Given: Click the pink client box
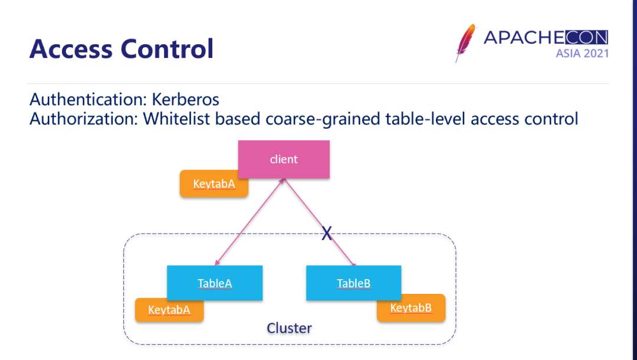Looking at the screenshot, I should click(284, 159).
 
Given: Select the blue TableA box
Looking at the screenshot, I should click(215, 283).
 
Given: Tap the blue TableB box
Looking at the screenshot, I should click(354, 283).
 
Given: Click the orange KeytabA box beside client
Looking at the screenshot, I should click(214, 184).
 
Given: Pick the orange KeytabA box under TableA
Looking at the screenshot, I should click(169, 310).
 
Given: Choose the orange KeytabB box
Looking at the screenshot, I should click(411, 308).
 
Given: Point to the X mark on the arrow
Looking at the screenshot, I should click(327, 234).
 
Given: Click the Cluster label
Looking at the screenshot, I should click(289, 328).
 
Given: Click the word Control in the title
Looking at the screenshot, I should click(167, 48).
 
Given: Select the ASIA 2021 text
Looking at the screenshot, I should click(582, 54).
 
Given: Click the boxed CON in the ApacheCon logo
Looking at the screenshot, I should click(586, 38).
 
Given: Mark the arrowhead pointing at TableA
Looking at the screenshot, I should click(218, 263).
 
